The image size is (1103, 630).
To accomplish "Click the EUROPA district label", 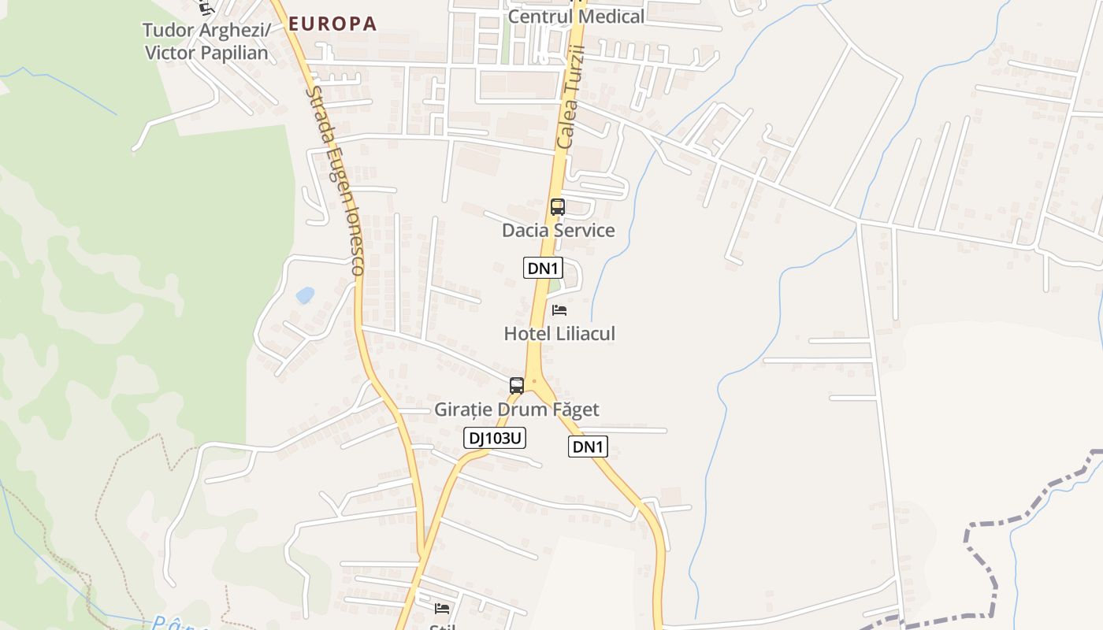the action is [332, 24].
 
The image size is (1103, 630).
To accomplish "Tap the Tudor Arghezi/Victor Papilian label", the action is [206, 42].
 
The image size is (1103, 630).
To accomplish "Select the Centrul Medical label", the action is [576, 16].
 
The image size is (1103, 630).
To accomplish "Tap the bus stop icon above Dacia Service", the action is [557, 207].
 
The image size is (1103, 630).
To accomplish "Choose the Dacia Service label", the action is [558, 230].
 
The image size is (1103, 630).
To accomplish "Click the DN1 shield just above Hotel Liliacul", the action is [543, 268].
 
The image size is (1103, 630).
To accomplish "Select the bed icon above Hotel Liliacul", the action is [559, 309].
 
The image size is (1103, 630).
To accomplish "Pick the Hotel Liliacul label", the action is [559, 333].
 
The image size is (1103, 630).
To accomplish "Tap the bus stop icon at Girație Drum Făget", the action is [517, 386].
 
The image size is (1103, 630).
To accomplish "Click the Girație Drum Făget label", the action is [516, 409].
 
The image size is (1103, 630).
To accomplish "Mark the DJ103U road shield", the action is [494, 438].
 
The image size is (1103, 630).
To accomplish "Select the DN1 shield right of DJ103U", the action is [588, 447].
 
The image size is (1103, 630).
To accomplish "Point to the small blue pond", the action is [304, 295].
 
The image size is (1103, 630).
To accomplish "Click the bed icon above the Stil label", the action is [442, 608].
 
